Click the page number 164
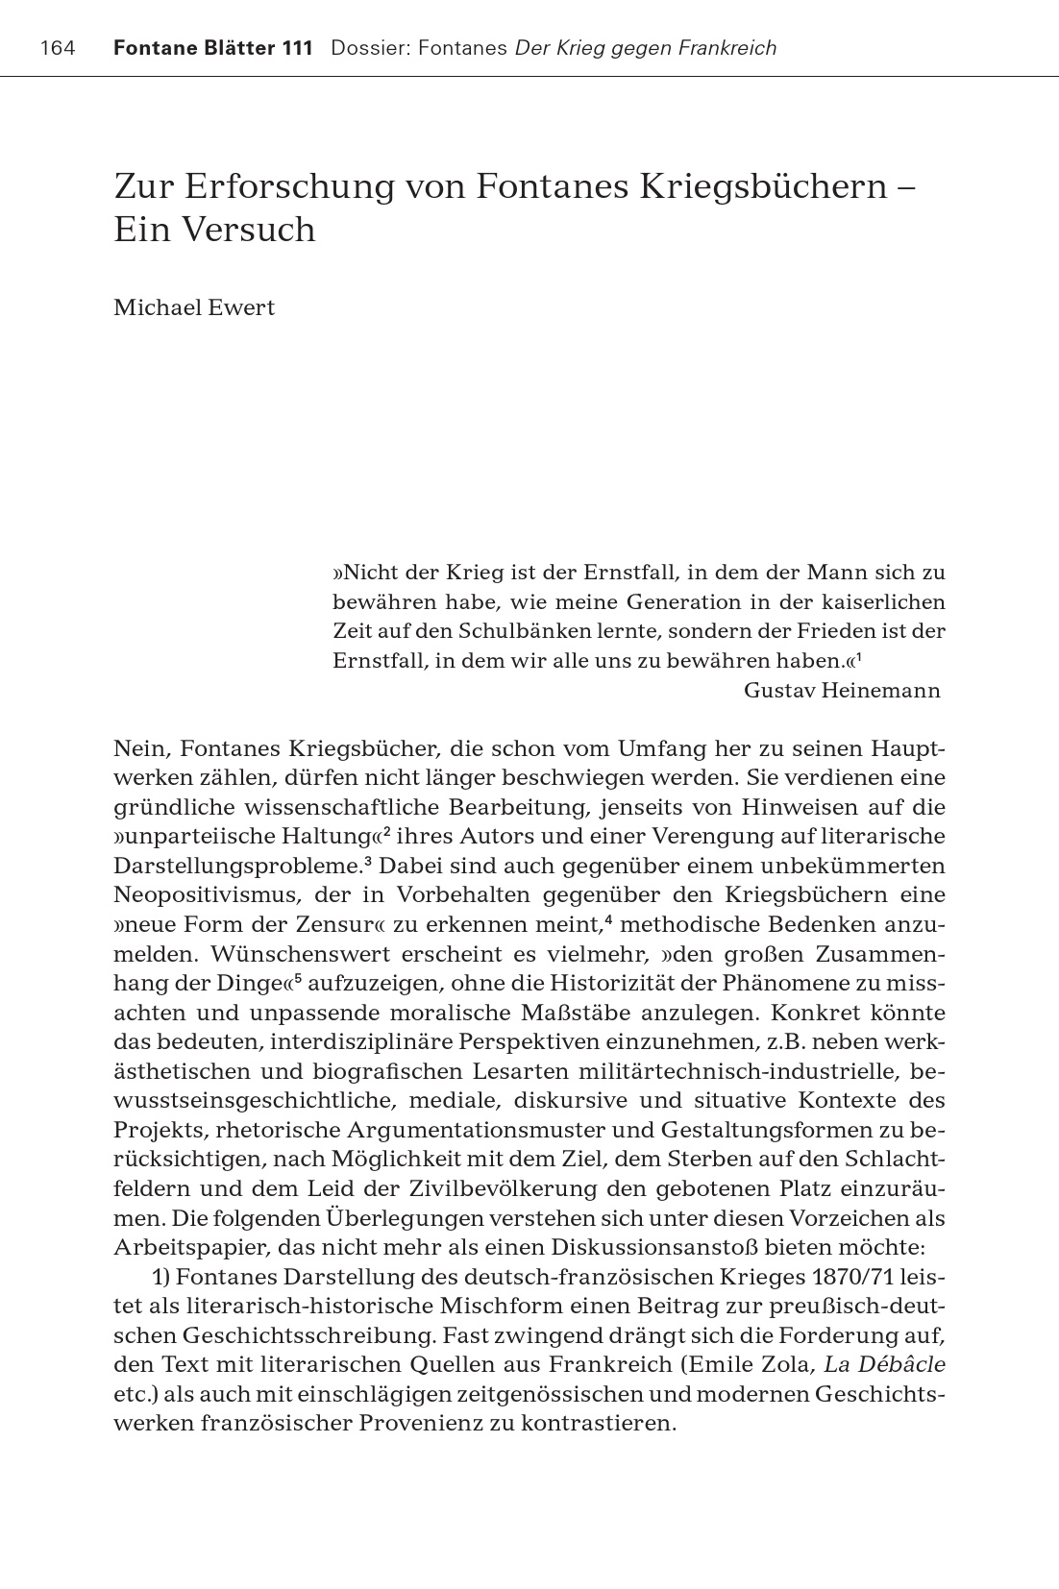58,48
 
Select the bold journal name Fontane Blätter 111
212,48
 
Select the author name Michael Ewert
194,307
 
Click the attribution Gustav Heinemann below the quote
842,691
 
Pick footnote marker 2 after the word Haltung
386,830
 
